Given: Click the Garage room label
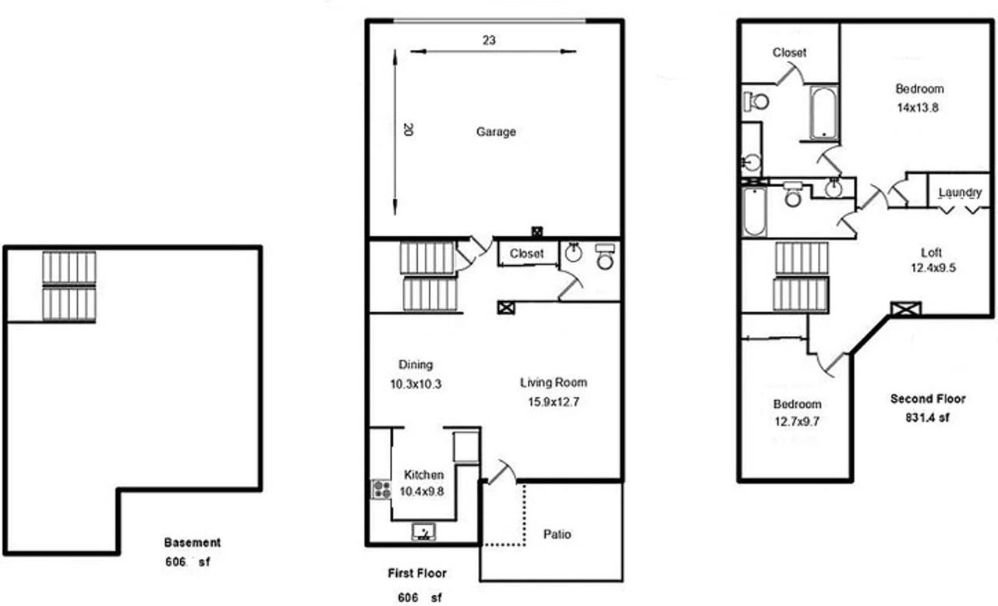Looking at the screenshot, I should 496,132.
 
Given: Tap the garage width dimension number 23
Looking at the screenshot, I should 489,41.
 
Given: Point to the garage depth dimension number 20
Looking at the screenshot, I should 406,130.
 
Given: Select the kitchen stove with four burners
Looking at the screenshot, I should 381,490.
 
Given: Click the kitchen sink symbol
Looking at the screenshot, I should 423,532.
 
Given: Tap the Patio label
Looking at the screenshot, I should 557,534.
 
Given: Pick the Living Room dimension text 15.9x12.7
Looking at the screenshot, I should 554,402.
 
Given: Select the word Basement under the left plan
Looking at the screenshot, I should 193,542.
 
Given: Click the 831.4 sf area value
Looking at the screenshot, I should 928,417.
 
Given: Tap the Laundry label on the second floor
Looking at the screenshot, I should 960,193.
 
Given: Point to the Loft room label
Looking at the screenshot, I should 931,252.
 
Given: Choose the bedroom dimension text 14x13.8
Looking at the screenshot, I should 917,108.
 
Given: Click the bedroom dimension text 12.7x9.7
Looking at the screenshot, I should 796,422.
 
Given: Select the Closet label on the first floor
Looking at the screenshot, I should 526,254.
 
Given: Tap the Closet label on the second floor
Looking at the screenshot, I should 789,53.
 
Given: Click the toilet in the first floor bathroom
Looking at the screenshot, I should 605,258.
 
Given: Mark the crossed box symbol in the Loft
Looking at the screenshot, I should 905,309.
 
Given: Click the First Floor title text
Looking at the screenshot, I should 417,573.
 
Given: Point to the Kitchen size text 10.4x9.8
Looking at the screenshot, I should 423,491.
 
